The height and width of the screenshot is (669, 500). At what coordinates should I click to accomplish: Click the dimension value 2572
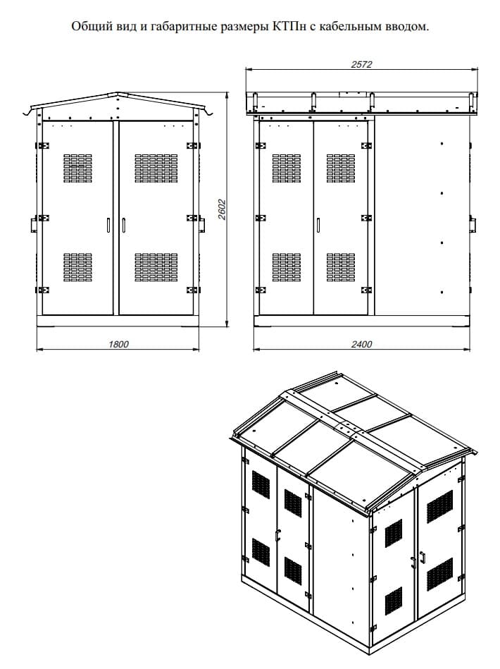(361, 64)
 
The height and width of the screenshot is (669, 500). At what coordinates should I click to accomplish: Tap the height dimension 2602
(222, 209)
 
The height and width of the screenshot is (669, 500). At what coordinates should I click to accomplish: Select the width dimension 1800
(118, 344)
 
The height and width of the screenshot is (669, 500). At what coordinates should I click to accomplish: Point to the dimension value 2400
(361, 344)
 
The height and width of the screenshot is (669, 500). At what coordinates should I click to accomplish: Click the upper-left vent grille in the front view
(77, 168)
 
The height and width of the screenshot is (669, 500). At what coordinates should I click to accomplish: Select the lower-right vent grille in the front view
(156, 267)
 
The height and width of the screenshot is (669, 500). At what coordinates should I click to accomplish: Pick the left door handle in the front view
(108, 226)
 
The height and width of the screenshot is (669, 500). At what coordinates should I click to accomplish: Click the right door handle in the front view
(124, 226)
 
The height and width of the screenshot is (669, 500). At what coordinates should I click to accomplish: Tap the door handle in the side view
(318, 226)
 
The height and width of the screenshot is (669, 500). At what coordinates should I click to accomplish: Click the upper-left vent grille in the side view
(287, 168)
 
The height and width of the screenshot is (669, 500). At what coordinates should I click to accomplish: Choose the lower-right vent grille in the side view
(341, 267)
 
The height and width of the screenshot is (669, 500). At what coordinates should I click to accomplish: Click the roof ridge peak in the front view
(118, 92)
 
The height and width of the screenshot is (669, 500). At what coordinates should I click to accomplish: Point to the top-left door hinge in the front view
(42, 145)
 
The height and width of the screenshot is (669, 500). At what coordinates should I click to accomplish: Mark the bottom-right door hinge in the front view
(194, 290)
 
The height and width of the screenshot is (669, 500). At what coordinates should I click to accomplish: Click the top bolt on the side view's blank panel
(442, 144)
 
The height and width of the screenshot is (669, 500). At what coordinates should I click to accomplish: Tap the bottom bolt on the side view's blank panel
(442, 293)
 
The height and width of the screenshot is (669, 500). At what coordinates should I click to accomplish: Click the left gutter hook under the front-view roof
(27, 112)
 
